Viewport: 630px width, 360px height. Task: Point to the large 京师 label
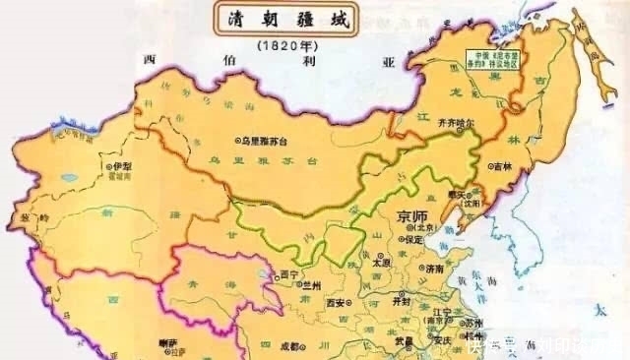pyautogui.click(x=414, y=217)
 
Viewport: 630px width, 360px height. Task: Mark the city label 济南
pyautogui.click(x=435, y=268)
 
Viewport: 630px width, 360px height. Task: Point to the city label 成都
pyautogui.click(x=284, y=346)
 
